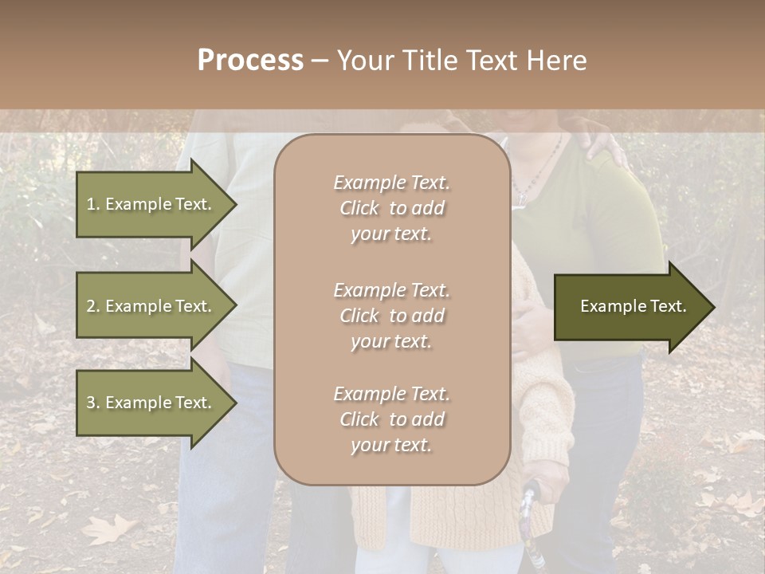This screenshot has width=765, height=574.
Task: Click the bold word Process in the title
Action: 250,61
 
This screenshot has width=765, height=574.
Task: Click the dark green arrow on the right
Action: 630,307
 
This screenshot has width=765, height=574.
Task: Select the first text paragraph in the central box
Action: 391,208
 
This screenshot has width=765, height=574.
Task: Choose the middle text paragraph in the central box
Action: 391,316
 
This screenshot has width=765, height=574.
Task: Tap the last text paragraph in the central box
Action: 391,419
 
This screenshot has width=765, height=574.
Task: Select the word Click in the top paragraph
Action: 359,208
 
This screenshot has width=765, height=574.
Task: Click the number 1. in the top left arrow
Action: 92,204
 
